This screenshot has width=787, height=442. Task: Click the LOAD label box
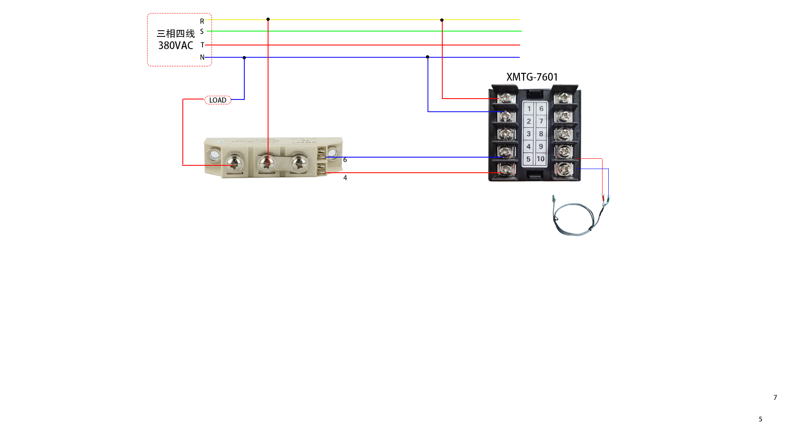tap(218, 100)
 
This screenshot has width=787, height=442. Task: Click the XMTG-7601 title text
tap(532, 77)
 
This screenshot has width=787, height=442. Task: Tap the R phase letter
tap(202, 21)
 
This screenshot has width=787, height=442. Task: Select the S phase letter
tap(202, 32)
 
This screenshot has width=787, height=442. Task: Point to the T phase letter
tap(202, 45)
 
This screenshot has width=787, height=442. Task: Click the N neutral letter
tap(202, 57)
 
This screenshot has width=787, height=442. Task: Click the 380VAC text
tap(175, 45)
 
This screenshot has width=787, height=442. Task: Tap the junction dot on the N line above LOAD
tap(244, 58)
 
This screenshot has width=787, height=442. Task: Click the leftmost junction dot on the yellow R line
tap(268, 19)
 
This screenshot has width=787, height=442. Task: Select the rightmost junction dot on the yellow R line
tap(442, 20)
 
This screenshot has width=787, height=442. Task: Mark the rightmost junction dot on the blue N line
tap(428, 57)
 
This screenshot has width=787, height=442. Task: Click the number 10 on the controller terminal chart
tap(541, 159)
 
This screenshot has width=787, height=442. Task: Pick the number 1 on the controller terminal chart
tap(529, 109)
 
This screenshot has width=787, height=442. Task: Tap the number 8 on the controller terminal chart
tap(541, 134)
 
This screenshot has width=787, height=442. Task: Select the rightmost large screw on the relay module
tap(299, 164)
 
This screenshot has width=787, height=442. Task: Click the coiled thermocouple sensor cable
tap(574, 219)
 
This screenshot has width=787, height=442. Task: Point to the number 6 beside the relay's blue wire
tap(345, 160)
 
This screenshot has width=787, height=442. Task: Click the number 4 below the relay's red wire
tap(345, 178)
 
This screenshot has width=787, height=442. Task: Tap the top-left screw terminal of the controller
tap(506, 98)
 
